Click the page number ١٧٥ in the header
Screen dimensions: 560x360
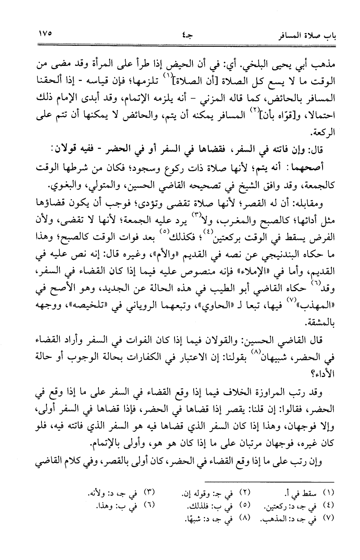[x=46, y=33]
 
